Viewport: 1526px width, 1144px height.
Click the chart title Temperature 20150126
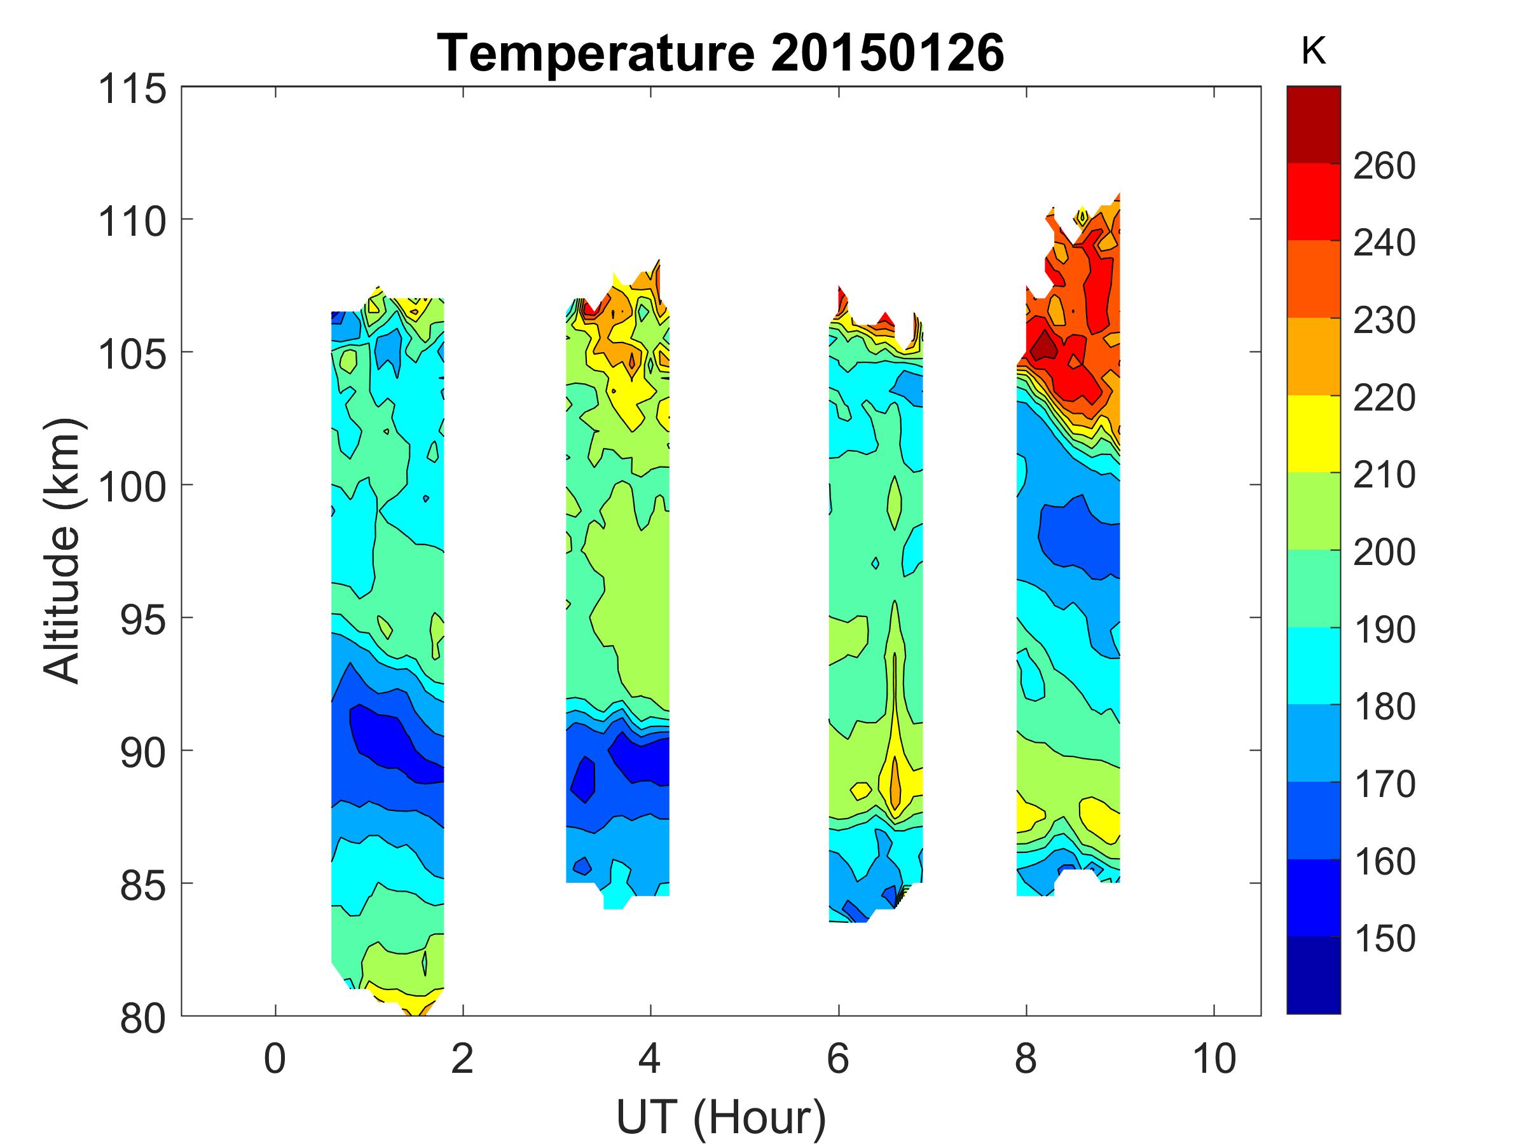click(720, 53)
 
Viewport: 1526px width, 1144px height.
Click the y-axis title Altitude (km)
click(64, 550)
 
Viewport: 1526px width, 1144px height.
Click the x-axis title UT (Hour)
click(720, 1117)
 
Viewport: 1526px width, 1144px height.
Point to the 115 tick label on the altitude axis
click(132, 89)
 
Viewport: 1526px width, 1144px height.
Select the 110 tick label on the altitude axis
click(132, 221)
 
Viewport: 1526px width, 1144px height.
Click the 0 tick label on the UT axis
click(275, 1058)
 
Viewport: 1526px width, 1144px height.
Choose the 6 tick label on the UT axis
click(837, 1058)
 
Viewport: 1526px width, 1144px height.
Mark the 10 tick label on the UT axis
click(1214, 1058)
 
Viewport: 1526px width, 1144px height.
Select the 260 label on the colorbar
click(1384, 165)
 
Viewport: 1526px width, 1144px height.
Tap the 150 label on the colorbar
click(1384, 939)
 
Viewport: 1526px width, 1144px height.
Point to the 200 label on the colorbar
click(1384, 552)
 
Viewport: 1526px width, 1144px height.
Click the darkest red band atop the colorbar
click(1314, 124)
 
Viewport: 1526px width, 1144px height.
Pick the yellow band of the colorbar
click(1314, 433)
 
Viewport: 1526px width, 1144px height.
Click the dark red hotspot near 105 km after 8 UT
click(1044, 344)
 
